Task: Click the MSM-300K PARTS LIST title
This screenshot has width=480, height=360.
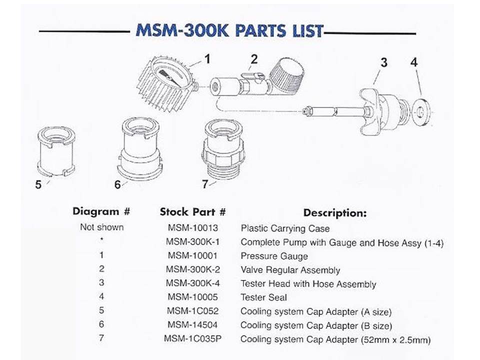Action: coord(229,31)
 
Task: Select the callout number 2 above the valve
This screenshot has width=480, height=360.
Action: coord(254,59)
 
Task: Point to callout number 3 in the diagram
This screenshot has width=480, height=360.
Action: coord(383,62)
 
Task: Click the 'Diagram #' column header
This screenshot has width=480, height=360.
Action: coord(101,211)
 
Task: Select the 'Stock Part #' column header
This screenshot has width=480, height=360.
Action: coord(192,211)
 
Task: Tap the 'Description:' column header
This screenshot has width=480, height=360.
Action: coord(335,212)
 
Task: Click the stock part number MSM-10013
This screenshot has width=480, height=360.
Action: coord(192,228)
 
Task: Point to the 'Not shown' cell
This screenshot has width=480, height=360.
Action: coord(101,227)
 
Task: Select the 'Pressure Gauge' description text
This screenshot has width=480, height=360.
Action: coord(274,256)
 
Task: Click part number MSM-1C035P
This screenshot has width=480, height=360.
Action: coord(192,339)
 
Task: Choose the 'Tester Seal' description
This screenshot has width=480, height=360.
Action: coord(263,297)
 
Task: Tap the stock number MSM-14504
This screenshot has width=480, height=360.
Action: coord(192,325)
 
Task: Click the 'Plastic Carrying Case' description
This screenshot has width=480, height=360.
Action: coord(285,228)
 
